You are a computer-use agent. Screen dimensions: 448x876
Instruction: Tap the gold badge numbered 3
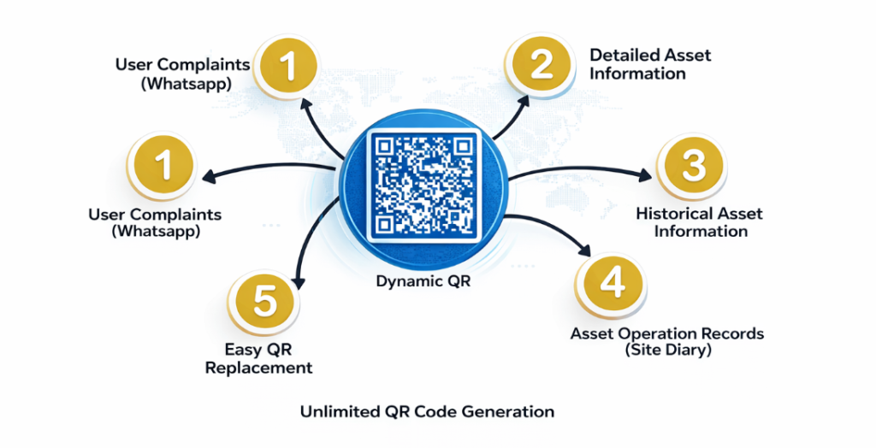[691, 166]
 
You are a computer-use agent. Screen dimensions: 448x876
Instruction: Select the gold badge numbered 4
[609, 284]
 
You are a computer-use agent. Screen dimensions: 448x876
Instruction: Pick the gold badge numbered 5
[263, 302]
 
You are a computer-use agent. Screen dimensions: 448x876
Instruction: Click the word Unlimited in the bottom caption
[335, 411]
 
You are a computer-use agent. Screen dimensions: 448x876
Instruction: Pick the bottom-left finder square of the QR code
[385, 224]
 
